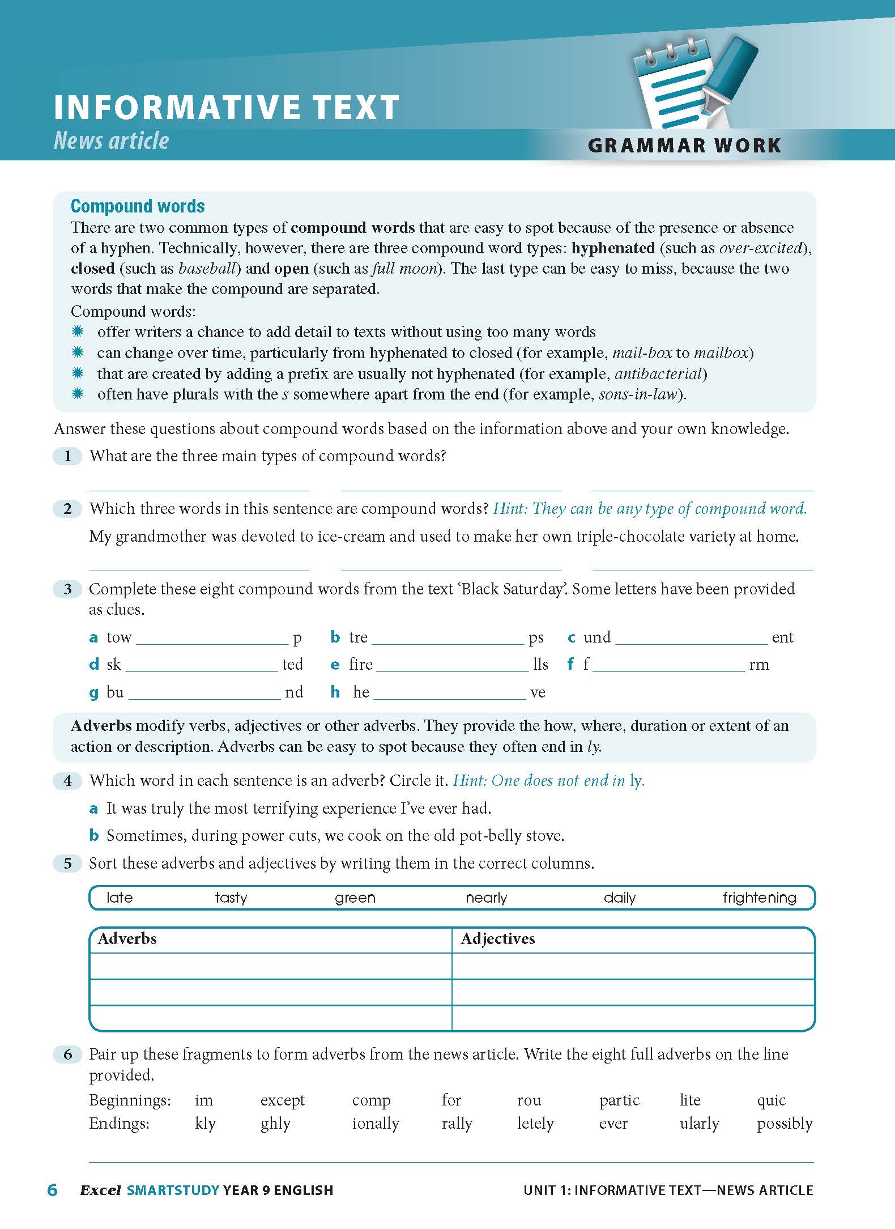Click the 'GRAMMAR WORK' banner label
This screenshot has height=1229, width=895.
(684, 145)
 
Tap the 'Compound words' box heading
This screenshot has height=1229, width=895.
(138, 206)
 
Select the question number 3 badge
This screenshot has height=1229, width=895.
(67, 589)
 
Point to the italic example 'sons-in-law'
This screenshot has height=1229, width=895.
(638, 394)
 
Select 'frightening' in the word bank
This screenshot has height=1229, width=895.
(759, 898)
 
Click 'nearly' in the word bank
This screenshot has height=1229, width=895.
(487, 898)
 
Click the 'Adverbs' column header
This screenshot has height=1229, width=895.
(127, 939)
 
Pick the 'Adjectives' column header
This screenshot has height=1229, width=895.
(497, 939)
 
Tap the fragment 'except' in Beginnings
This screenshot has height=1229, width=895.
(282, 1100)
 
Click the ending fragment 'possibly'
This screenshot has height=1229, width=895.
(785, 1124)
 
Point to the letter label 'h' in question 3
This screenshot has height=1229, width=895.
(335, 692)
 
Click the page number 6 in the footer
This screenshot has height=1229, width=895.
(52, 1190)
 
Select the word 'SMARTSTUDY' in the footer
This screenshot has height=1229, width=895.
(173, 1190)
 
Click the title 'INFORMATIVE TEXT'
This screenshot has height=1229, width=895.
(227, 108)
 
